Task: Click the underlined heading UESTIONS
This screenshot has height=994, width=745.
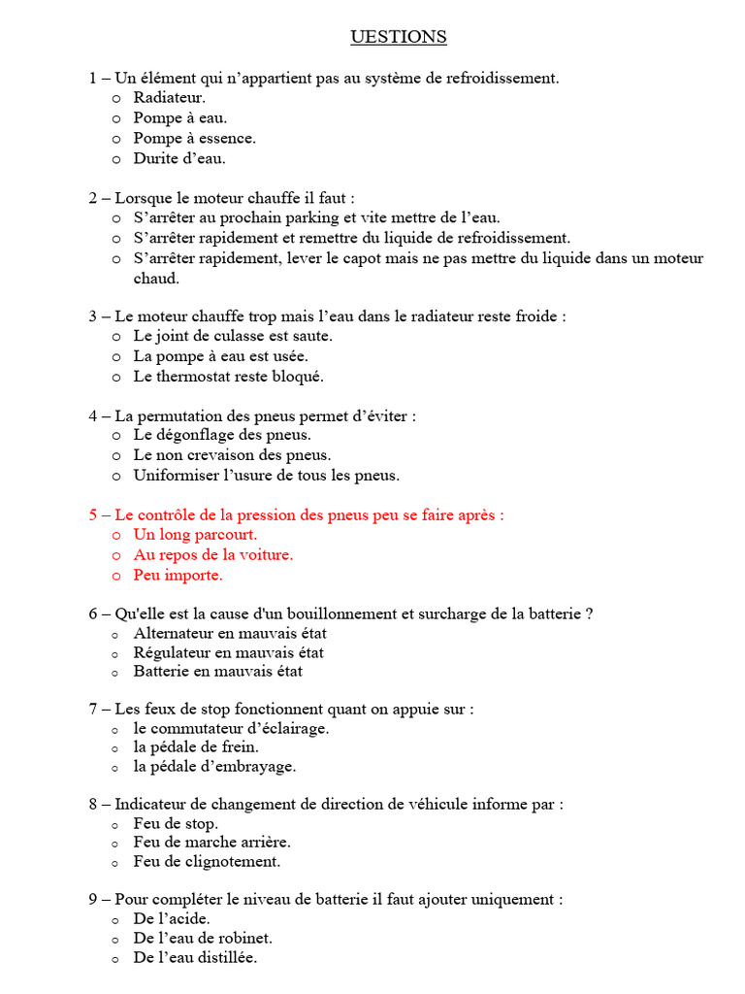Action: (399, 37)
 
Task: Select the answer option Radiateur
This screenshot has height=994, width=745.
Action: (170, 97)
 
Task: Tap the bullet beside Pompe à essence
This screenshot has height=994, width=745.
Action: (116, 139)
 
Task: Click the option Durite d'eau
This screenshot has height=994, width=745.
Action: (179, 158)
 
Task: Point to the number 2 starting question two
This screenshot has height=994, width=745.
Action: (93, 198)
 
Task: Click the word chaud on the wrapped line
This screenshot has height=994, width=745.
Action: (156, 279)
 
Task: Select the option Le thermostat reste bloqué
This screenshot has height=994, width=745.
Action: (229, 376)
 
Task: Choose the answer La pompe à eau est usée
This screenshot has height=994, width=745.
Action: (221, 356)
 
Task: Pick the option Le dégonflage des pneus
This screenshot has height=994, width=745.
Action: (222, 435)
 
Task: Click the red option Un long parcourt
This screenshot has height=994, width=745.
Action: (195, 534)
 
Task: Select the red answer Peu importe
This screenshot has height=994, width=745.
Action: (178, 575)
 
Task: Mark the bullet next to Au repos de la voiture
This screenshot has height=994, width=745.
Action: (116, 555)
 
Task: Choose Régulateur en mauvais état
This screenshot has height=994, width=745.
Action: (229, 652)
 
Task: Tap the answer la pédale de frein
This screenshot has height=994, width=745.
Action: (196, 747)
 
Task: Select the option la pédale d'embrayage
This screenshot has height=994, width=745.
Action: (214, 766)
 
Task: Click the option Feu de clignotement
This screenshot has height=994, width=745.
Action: (207, 861)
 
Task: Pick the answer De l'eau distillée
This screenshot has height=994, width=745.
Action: (195, 957)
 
